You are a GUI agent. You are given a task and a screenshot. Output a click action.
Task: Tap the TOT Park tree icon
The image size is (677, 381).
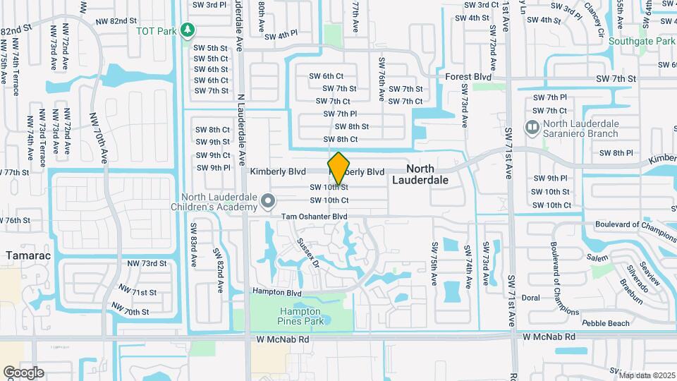point(188,30)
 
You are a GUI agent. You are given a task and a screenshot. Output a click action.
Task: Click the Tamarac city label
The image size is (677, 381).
point(29,255)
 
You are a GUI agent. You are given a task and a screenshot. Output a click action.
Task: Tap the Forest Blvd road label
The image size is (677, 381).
point(468,76)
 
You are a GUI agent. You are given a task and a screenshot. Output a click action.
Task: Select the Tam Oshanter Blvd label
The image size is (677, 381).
point(315,217)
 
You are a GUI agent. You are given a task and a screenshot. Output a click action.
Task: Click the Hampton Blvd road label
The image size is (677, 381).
point(277,292)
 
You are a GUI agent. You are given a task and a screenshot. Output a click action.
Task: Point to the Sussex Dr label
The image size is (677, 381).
point(308,251)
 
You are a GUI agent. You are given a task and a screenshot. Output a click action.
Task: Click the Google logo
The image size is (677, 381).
point(23,373)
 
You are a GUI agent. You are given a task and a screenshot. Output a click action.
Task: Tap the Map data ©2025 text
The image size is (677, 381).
point(646,375)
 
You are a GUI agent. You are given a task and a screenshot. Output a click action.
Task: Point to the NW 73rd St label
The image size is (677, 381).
point(147,263)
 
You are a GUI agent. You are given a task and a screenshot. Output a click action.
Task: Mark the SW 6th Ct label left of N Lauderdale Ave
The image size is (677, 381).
point(212,80)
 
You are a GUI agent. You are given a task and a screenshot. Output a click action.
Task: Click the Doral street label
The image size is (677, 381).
point(530,298)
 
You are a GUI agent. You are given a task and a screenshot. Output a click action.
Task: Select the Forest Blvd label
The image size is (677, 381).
point(468,76)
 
